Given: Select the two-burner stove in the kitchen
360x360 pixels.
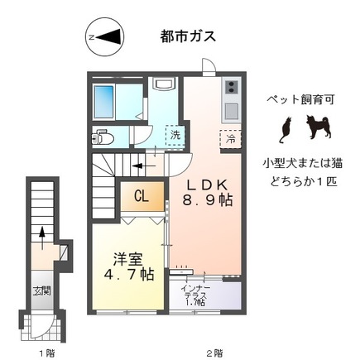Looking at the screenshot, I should coord(230,87).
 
